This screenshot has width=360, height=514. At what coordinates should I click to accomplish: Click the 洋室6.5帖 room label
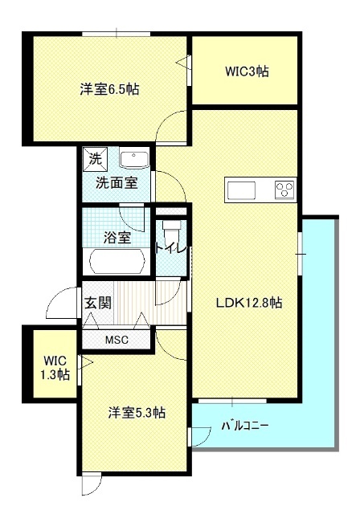109,89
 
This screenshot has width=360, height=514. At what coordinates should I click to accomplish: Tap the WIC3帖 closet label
247,71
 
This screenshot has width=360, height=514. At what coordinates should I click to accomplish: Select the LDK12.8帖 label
249,303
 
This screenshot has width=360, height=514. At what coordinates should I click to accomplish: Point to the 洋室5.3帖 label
137,412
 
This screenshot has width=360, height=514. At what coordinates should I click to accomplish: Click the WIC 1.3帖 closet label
55,368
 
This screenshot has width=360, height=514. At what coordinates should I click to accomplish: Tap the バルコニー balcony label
245,426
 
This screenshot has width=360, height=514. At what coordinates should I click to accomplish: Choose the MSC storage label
117,340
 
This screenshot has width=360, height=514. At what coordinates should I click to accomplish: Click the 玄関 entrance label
98,303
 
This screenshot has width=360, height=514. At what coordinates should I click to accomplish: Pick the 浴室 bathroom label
117,238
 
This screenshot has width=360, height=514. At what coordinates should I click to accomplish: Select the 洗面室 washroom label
117,183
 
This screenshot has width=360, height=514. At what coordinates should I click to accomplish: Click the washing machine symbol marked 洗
96,159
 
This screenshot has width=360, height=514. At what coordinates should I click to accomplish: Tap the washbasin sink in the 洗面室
134,161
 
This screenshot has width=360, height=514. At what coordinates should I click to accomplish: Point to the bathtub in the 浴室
117,262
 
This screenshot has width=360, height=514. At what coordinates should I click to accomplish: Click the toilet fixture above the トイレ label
172,231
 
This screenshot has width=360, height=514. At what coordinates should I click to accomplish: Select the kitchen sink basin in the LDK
241,190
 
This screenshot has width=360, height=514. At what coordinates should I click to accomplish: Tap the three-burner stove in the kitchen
284,190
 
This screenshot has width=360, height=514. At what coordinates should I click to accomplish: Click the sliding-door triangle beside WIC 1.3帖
88,362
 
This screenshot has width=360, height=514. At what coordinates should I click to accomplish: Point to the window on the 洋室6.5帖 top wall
117,34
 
